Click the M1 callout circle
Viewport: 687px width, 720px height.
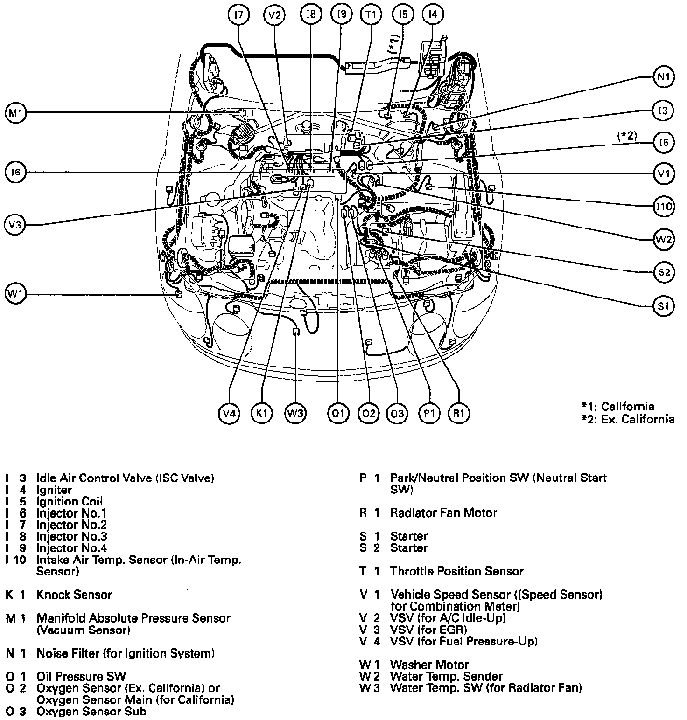coord(16,113)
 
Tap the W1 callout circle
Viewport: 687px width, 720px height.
coord(16,294)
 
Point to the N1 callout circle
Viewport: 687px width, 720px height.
coord(663,77)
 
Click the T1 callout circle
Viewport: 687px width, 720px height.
coord(371,15)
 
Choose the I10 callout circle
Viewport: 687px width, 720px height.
coord(664,206)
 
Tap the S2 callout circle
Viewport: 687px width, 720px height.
coord(664,271)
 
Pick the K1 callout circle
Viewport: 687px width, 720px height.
coord(261,413)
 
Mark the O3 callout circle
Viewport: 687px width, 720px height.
coord(397,413)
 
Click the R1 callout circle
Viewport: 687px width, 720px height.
coord(459,413)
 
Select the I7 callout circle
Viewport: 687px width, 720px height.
coord(238,15)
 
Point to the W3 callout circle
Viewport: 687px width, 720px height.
coord(295,413)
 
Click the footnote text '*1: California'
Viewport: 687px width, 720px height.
coord(618,406)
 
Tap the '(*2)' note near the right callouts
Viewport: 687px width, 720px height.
coord(627,136)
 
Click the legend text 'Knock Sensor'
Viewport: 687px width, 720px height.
coord(74,595)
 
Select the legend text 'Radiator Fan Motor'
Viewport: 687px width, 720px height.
coord(443,513)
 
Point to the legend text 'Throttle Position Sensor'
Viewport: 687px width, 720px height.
coord(456,571)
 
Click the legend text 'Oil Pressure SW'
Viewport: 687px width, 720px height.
coord(81,677)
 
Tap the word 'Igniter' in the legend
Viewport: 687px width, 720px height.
coord(54,490)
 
